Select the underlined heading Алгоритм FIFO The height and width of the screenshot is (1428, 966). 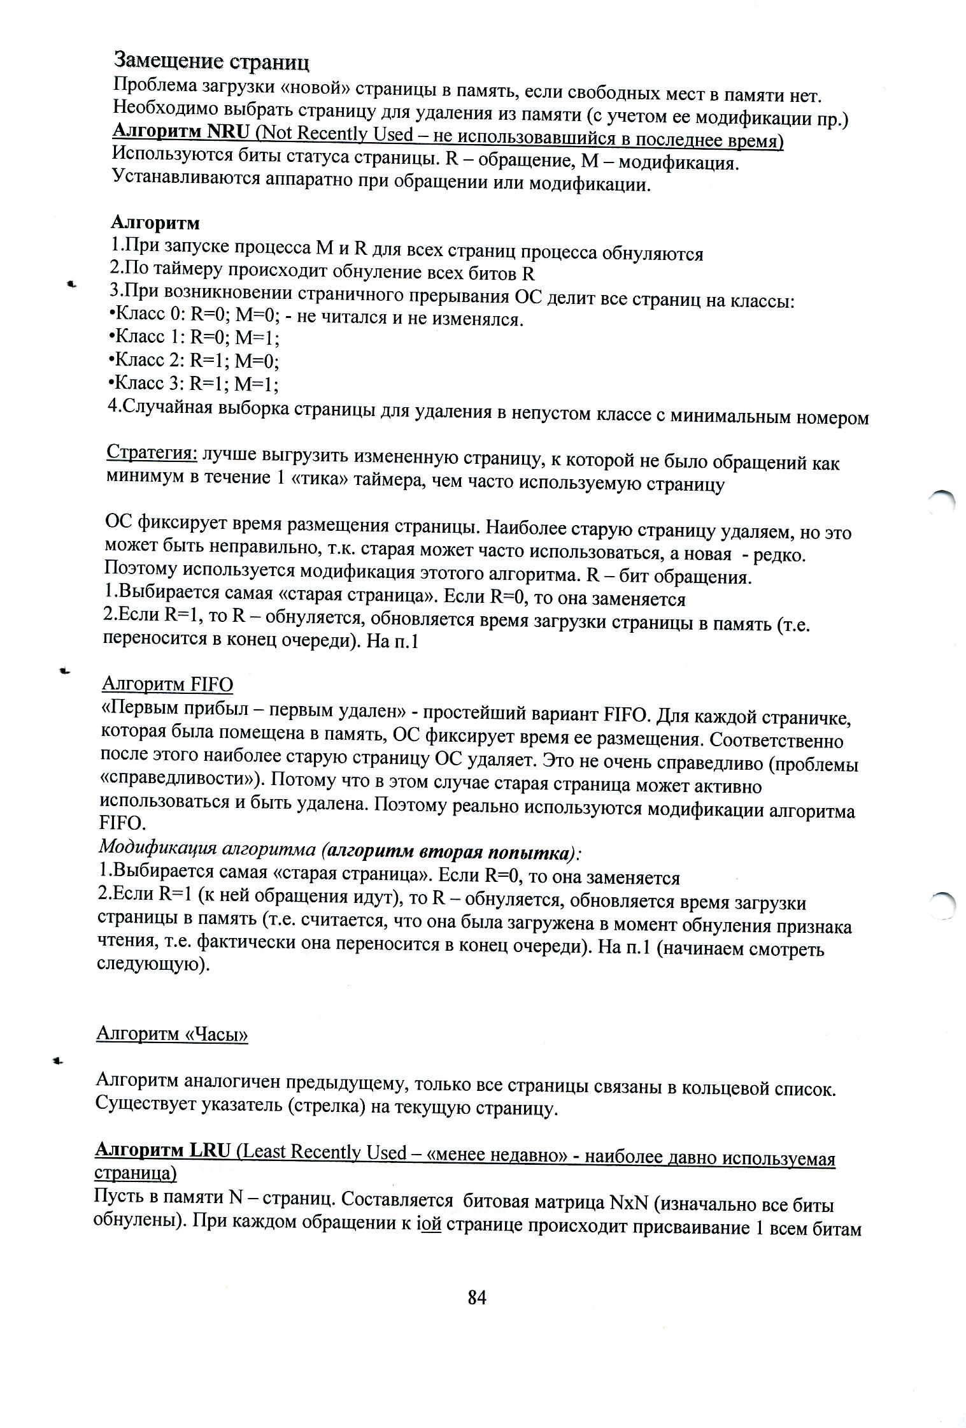click(x=167, y=684)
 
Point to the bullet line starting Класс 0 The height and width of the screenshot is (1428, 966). click(x=316, y=319)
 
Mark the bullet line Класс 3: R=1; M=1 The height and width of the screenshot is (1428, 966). click(x=194, y=384)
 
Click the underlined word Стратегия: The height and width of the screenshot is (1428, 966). click(x=152, y=452)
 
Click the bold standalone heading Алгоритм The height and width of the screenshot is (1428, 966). click(x=156, y=223)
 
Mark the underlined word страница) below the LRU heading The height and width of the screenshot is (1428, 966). click(x=135, y=1173)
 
